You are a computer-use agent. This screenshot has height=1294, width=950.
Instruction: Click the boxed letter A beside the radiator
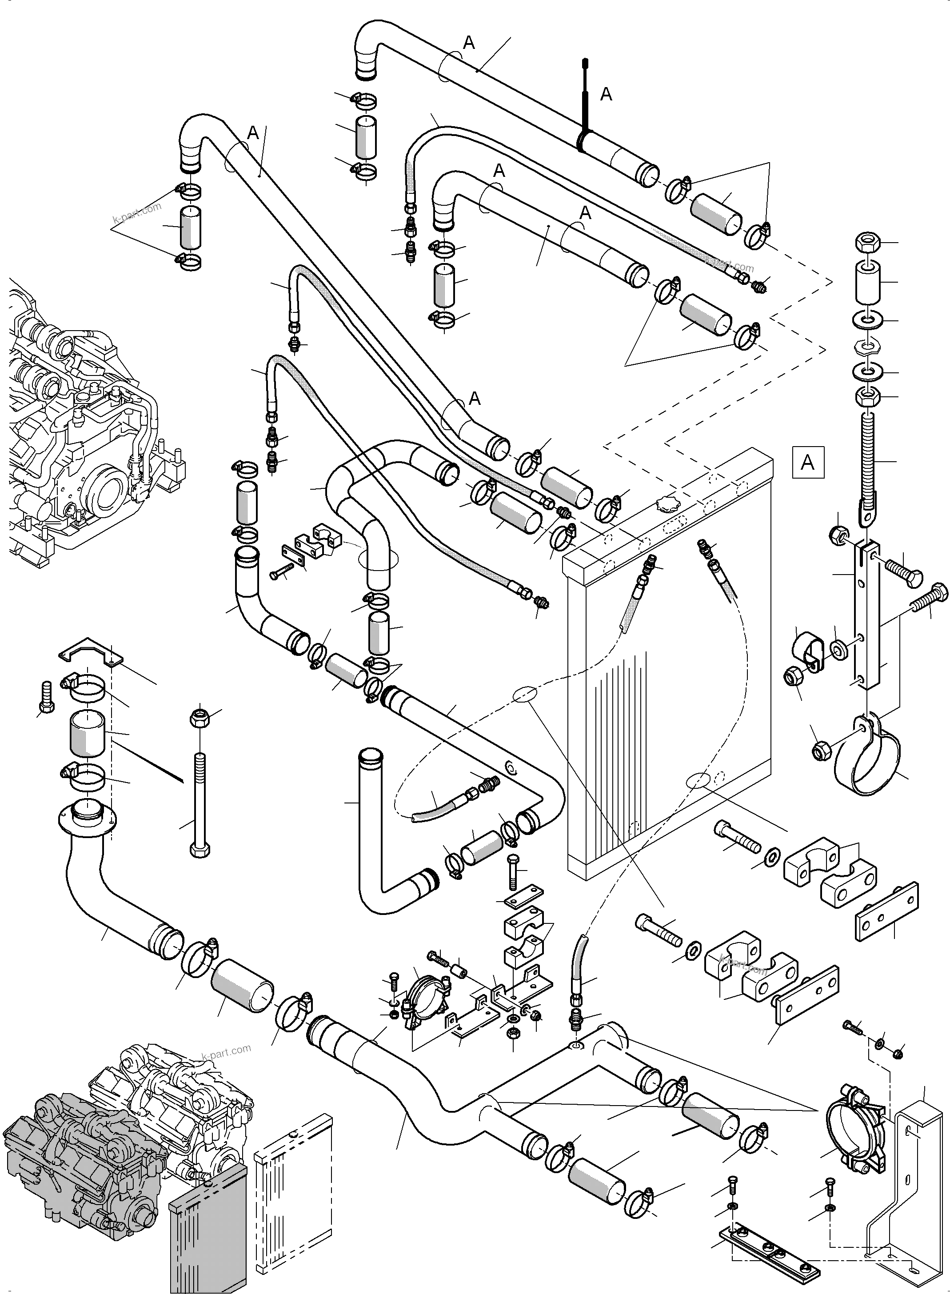807,463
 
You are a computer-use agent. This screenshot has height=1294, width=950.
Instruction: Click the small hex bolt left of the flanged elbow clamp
47,697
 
